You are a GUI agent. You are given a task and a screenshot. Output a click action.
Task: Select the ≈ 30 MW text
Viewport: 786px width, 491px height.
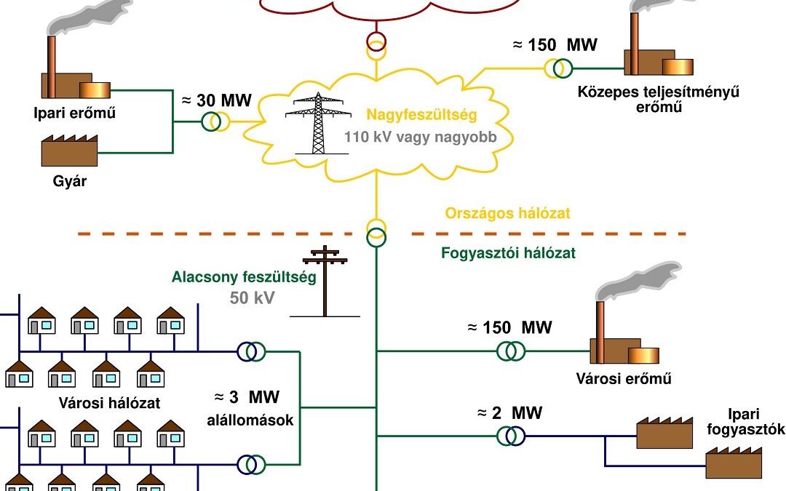[218, 100]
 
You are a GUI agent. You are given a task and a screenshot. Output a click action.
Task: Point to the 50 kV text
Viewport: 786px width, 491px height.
[252, 298]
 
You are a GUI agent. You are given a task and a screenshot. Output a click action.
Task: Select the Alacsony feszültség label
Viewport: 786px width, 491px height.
[244, 278]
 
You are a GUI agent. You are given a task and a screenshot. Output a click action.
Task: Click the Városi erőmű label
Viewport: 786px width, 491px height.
[623, 379]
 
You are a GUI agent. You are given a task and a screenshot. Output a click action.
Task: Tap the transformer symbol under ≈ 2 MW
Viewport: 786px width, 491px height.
[511, 435]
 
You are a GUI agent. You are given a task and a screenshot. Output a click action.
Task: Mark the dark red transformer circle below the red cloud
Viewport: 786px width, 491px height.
[376, 40]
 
